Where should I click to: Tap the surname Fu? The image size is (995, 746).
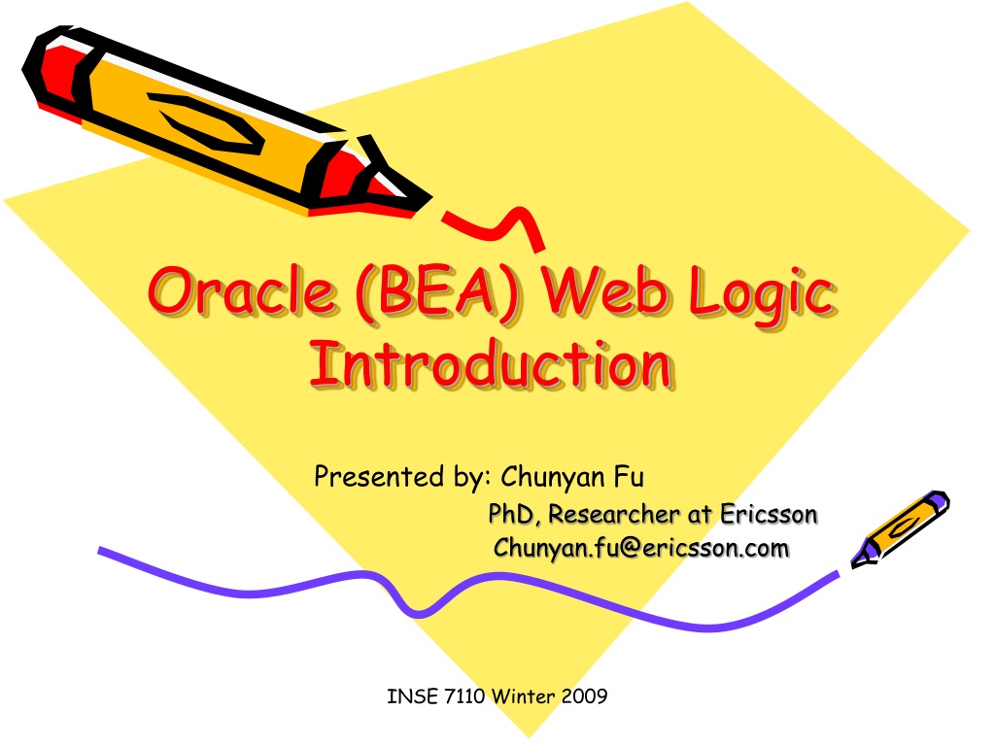629,476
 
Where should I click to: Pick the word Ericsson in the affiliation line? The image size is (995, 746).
769,515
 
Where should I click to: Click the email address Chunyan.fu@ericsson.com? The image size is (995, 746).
641,548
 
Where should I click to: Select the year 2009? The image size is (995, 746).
584,695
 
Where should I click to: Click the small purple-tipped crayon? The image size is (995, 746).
900,528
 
